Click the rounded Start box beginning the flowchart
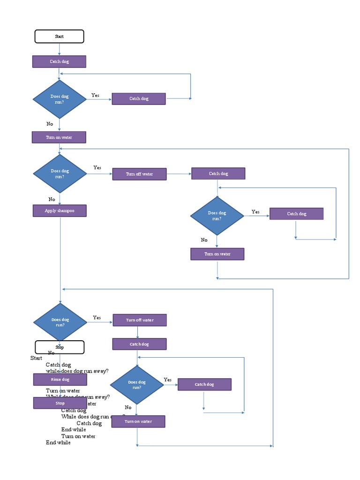[60, 37]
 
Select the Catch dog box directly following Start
[59, 61]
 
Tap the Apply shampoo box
[60, 211]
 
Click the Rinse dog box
[60, 379]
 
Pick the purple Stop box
[60, 403]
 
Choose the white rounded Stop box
[60, 347]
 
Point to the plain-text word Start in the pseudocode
[36, 358]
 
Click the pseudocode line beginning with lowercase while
[77, 371]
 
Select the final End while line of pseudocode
[58, 442]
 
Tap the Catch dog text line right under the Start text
[58, 365]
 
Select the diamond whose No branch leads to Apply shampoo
[60, 174]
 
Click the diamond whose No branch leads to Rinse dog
[60, 322]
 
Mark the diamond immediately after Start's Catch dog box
[60, 99]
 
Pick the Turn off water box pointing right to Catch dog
[139, 174]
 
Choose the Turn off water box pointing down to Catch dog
[140, 320]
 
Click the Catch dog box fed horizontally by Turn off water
[218, 173]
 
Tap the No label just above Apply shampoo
[52, 199]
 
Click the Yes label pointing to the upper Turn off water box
[97, 167]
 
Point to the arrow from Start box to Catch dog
[60, 49]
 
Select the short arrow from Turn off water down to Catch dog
[137, 332]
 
